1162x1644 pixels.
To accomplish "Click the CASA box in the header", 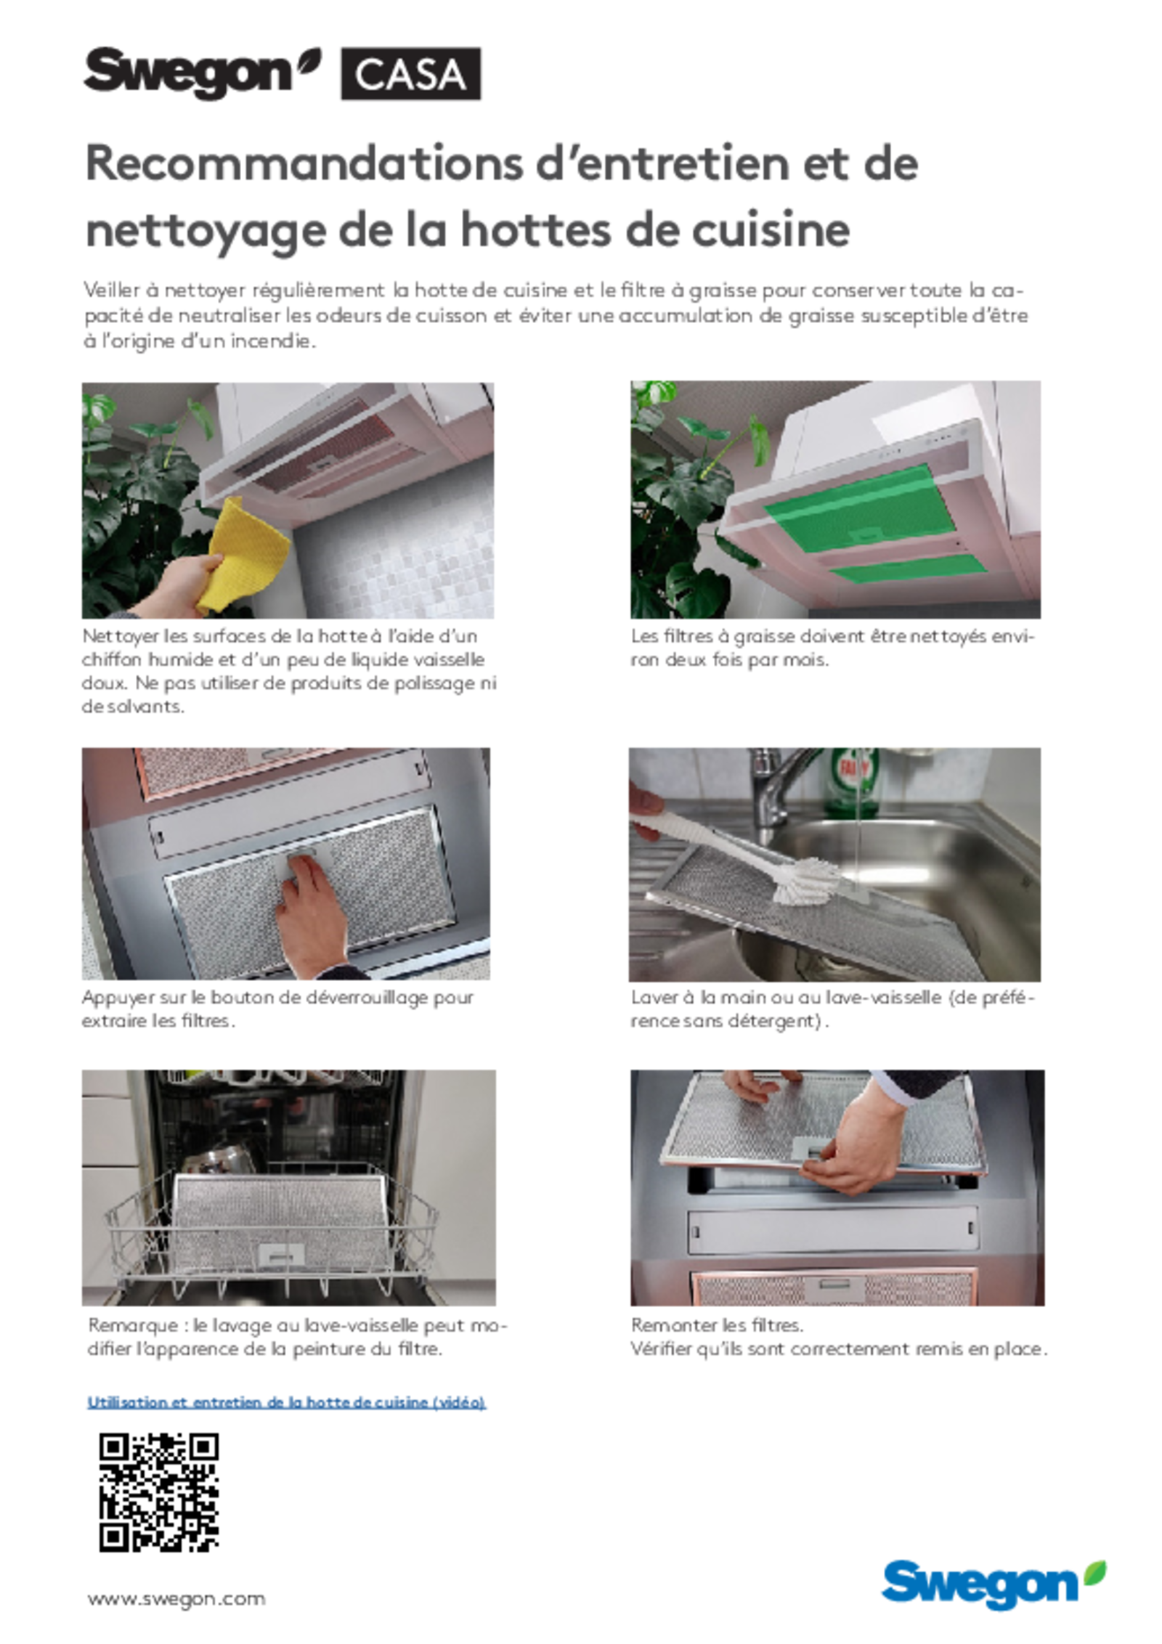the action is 410,73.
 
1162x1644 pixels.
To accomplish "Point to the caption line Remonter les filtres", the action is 717,1324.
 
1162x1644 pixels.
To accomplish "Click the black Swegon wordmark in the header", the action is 202,73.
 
